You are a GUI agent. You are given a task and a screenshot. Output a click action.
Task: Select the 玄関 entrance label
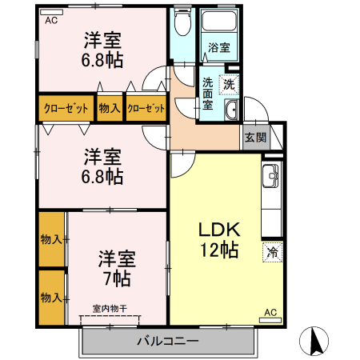click(255, 137)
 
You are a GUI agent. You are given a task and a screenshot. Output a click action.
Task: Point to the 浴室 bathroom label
click(218, 48)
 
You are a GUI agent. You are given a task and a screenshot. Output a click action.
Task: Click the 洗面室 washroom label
click(207, 93)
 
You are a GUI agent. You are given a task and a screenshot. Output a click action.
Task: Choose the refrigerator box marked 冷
click(272, 252)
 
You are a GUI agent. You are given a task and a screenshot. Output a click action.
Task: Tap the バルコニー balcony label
click(167, 342)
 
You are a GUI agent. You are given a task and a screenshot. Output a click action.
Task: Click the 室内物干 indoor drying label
click(109, 308)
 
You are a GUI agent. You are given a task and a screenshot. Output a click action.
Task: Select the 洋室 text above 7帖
click(117, 258)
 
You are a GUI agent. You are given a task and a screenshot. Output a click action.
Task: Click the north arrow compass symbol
click(314, 342)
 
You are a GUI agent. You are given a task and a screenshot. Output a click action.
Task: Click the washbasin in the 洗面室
click(230, 110)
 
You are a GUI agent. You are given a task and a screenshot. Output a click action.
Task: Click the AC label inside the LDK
click(270, 312)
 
